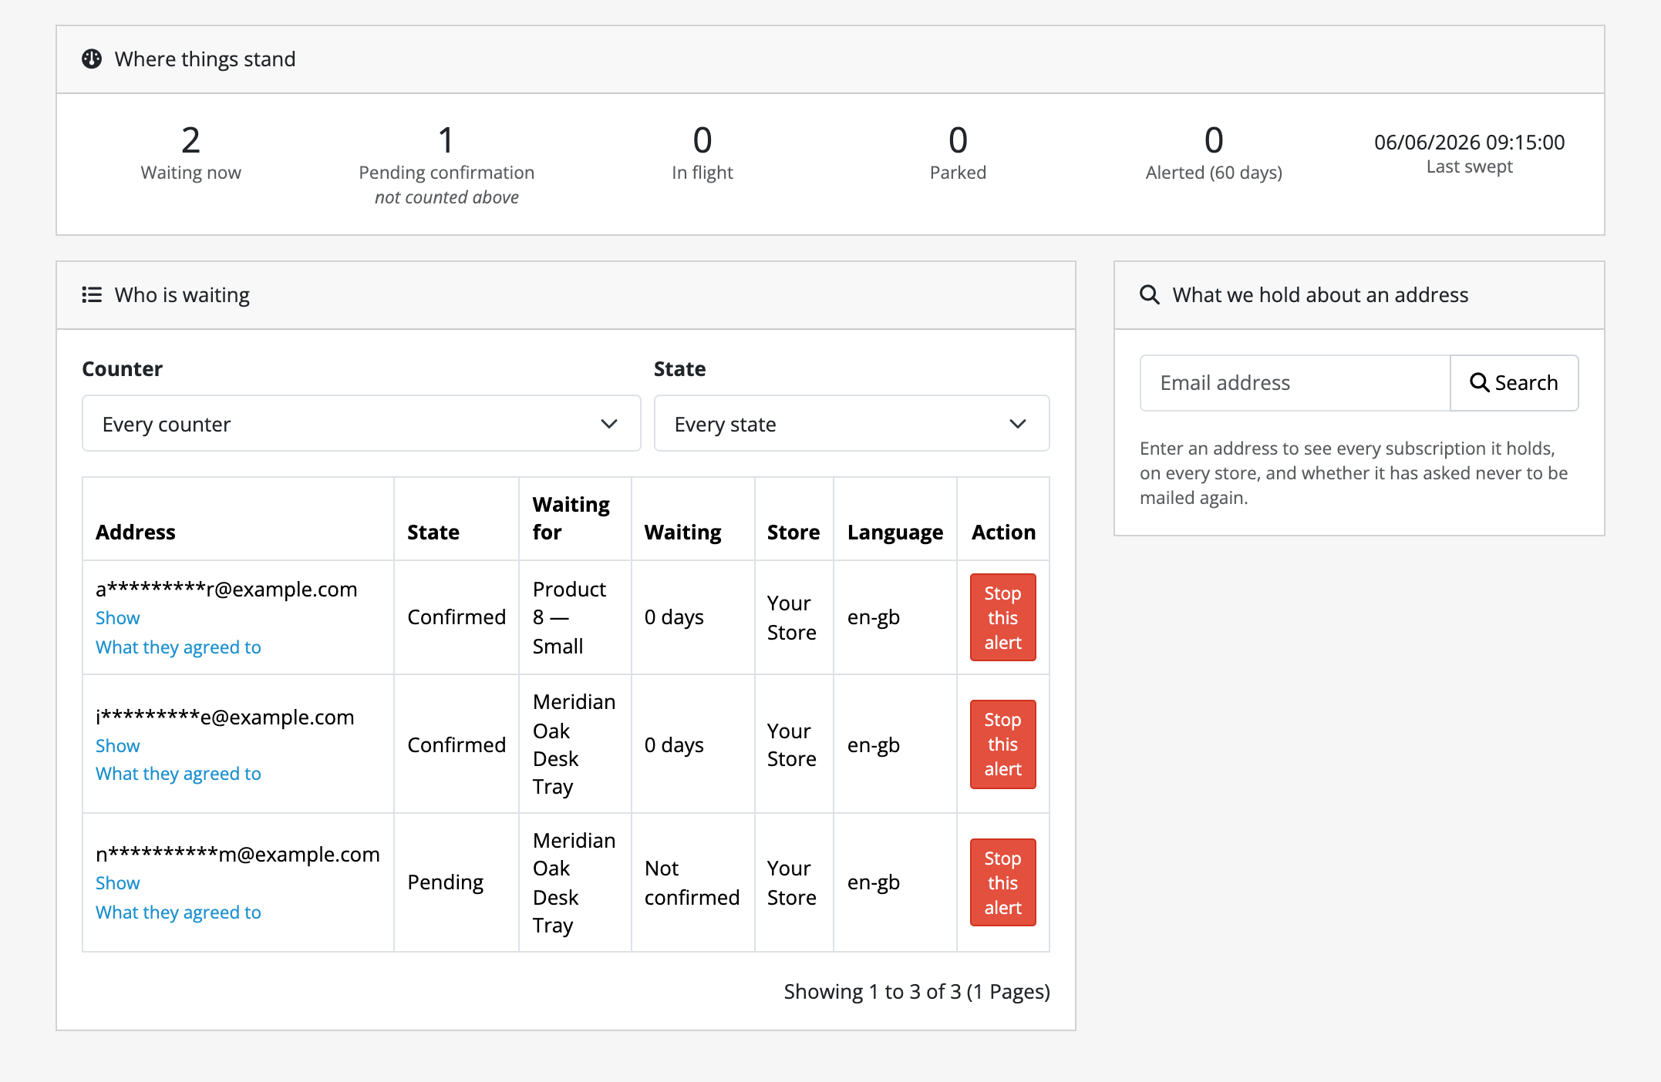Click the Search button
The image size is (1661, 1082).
[1514, 383]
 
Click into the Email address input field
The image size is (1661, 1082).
[1295, 383]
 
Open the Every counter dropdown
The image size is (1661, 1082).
[361, 424]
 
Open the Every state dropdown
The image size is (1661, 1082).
[851, 424]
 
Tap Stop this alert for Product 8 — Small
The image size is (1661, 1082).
[1002, 617]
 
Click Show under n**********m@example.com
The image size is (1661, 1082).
[117, 883]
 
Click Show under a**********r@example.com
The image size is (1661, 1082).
[117, 618]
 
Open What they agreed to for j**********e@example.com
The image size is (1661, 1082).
[178, 774]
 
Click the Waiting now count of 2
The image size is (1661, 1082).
[190, 140]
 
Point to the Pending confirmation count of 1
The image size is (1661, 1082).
[446, 140]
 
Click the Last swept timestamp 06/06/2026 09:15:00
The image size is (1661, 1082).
[1469, 143]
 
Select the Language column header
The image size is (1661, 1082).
[895, 533]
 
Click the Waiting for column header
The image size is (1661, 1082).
[571, 518]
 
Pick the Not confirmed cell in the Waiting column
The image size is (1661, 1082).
[692, 883]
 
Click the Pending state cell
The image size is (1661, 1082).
[445, 883]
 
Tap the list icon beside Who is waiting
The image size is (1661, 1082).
[92, 295]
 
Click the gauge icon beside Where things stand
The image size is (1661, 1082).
[92, 59]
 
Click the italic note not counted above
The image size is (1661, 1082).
[446, 198]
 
